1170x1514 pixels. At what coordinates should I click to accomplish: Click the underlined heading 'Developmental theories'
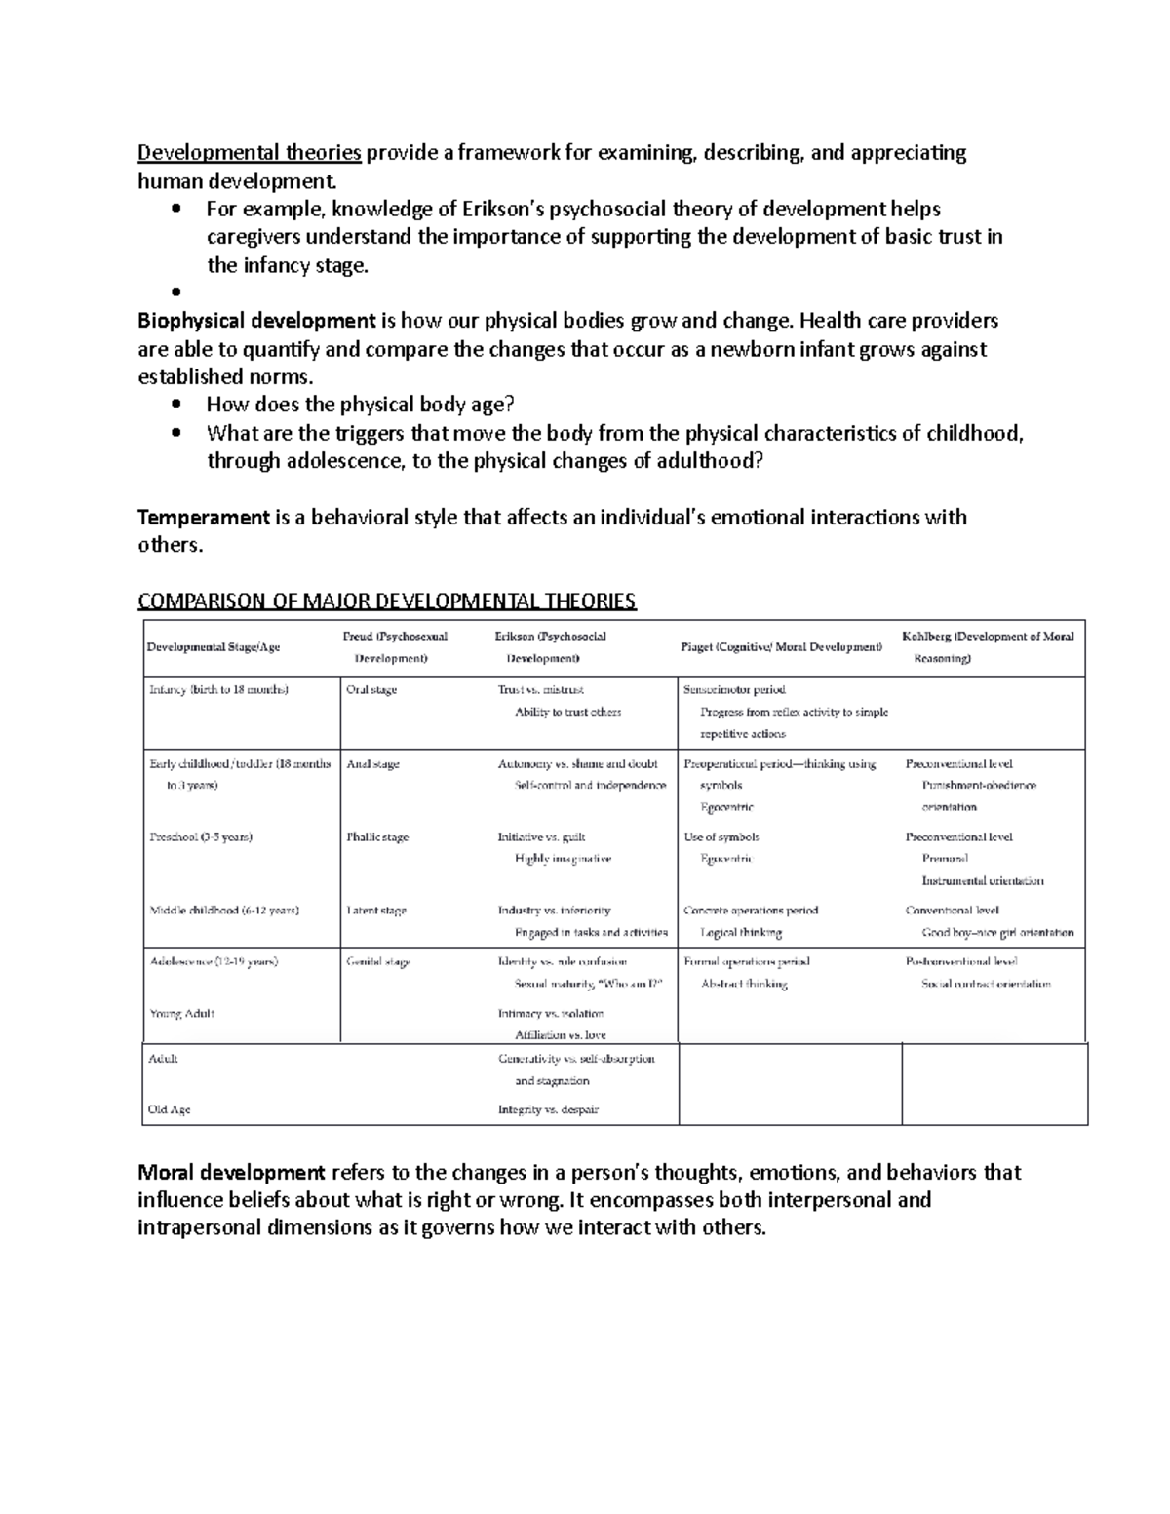click(250, 153)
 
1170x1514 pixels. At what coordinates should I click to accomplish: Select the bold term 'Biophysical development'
click(256, 321)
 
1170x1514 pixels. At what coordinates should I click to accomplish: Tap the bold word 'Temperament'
click(203, 517)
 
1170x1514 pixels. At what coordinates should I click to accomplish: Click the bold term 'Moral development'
click(231, 1172)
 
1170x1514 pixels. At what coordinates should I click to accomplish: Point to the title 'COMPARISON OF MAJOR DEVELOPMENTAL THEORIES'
click(387, 601)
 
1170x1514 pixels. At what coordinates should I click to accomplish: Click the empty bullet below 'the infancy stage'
click(175, 292)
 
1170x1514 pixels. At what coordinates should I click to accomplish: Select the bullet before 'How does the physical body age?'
click(175, 405)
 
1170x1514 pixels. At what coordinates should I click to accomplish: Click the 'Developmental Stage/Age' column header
click(213, 647)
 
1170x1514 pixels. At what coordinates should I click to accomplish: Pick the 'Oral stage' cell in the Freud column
click(371, 690)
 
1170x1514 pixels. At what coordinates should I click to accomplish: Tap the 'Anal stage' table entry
click(372, 764)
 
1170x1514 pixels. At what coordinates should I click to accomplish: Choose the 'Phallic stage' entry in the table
click(377, 837)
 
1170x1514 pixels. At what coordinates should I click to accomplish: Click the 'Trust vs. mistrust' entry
click(540, 690)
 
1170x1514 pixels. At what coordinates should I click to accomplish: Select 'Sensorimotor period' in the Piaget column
click(734, 690)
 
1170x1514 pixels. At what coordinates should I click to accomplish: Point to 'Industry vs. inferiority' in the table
click(554, 911)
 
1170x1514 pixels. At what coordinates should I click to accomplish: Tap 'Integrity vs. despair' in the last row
click(548, 1109)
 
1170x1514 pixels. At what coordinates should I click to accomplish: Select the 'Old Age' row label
click(170, 1109)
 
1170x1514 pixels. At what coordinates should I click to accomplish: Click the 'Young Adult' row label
click(181, 1014)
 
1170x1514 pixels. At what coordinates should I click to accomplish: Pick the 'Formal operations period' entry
click(747, 962)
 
